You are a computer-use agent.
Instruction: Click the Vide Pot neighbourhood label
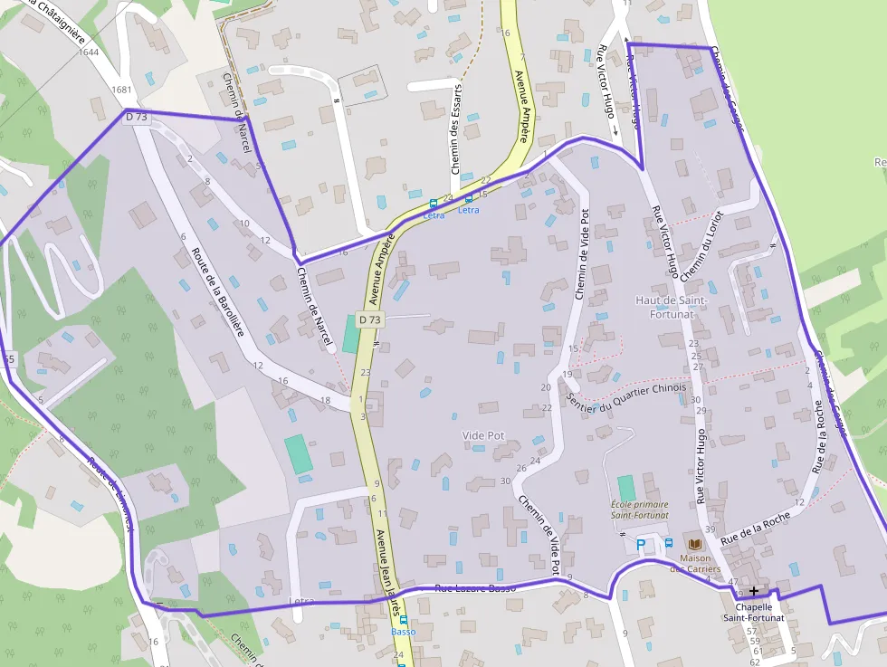pos(483,435)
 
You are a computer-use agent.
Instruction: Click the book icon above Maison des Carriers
pos(695,544)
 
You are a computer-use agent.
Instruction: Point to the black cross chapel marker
pos(753,590)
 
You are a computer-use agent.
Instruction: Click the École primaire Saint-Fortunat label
pos(639,510)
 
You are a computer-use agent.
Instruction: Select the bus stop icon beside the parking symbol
pos(669,543)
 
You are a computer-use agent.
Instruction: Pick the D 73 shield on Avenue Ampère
pos(369,319)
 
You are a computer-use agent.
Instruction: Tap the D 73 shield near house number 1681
pos(137,117)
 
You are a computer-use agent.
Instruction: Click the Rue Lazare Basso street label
pos(475,588)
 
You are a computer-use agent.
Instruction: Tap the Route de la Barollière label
pos(217,292)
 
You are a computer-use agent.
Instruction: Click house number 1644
pos(89,52)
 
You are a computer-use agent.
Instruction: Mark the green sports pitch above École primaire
pos(625,488)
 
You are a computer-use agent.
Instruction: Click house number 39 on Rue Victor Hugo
pos(711,529)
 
